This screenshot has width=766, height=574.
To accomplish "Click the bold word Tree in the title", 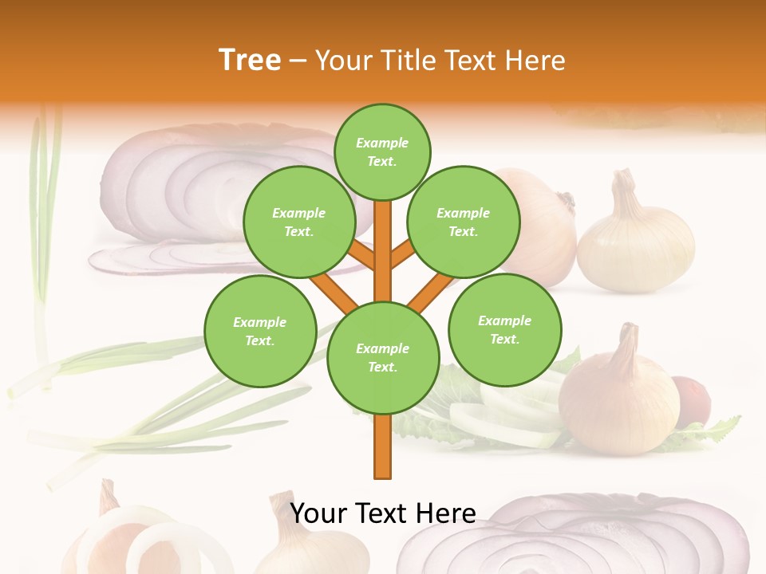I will coord(250,60).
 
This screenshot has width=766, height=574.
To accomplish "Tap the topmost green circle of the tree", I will coord(382,151).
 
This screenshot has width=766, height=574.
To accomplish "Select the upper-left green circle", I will coord(299,222).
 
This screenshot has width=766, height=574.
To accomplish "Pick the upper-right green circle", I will coord(464,222).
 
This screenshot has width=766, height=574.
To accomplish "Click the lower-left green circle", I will coord(260,331).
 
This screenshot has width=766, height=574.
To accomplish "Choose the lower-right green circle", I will coord(505,329).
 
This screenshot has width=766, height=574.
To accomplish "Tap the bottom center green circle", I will coord(383,357).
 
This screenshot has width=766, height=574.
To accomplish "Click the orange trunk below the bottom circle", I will coord(383,446).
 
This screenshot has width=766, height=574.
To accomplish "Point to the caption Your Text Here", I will coord(383,513).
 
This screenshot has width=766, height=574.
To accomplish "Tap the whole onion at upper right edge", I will coord(636,239).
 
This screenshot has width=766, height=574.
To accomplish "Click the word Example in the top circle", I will coord(382,143).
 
